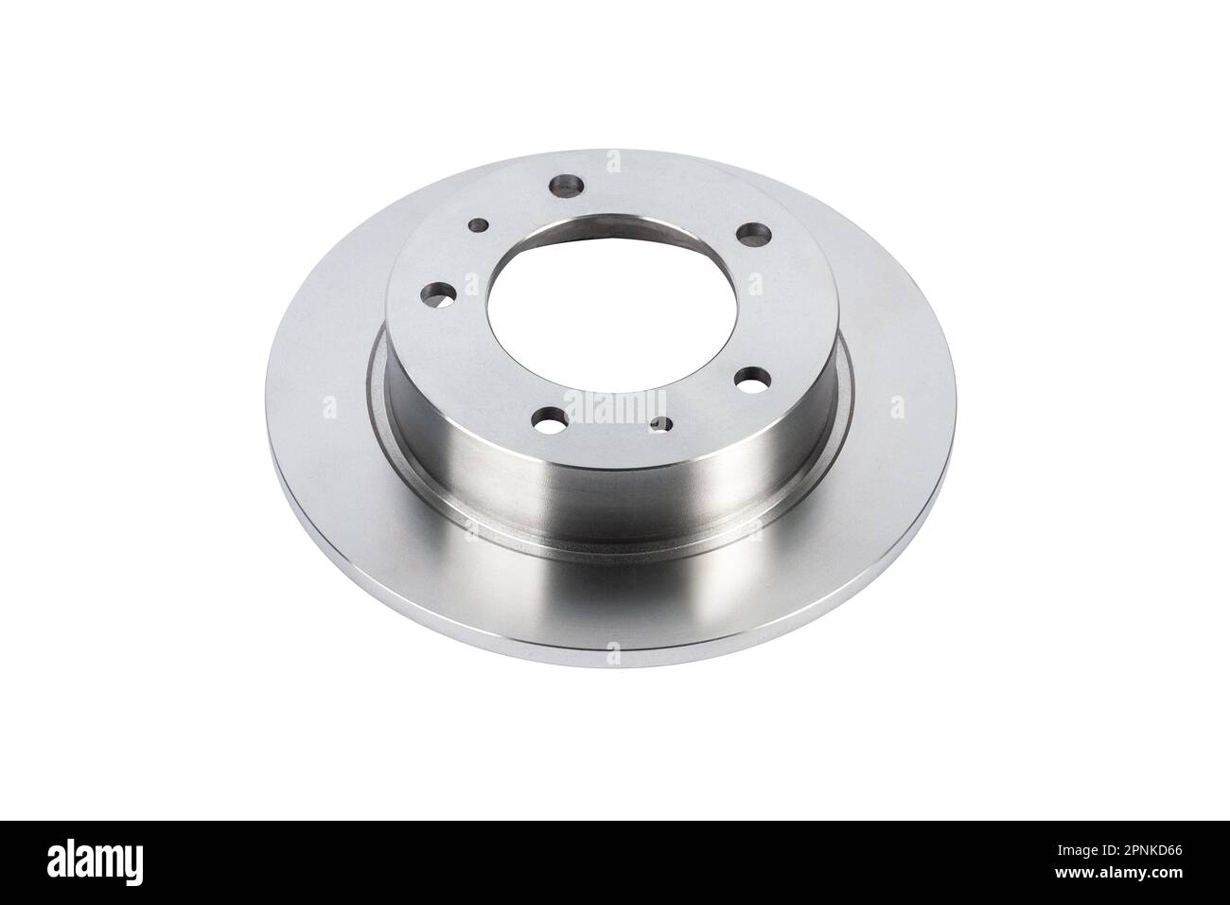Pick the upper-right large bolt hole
[752, 231]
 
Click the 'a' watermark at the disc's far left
[328, 406]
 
